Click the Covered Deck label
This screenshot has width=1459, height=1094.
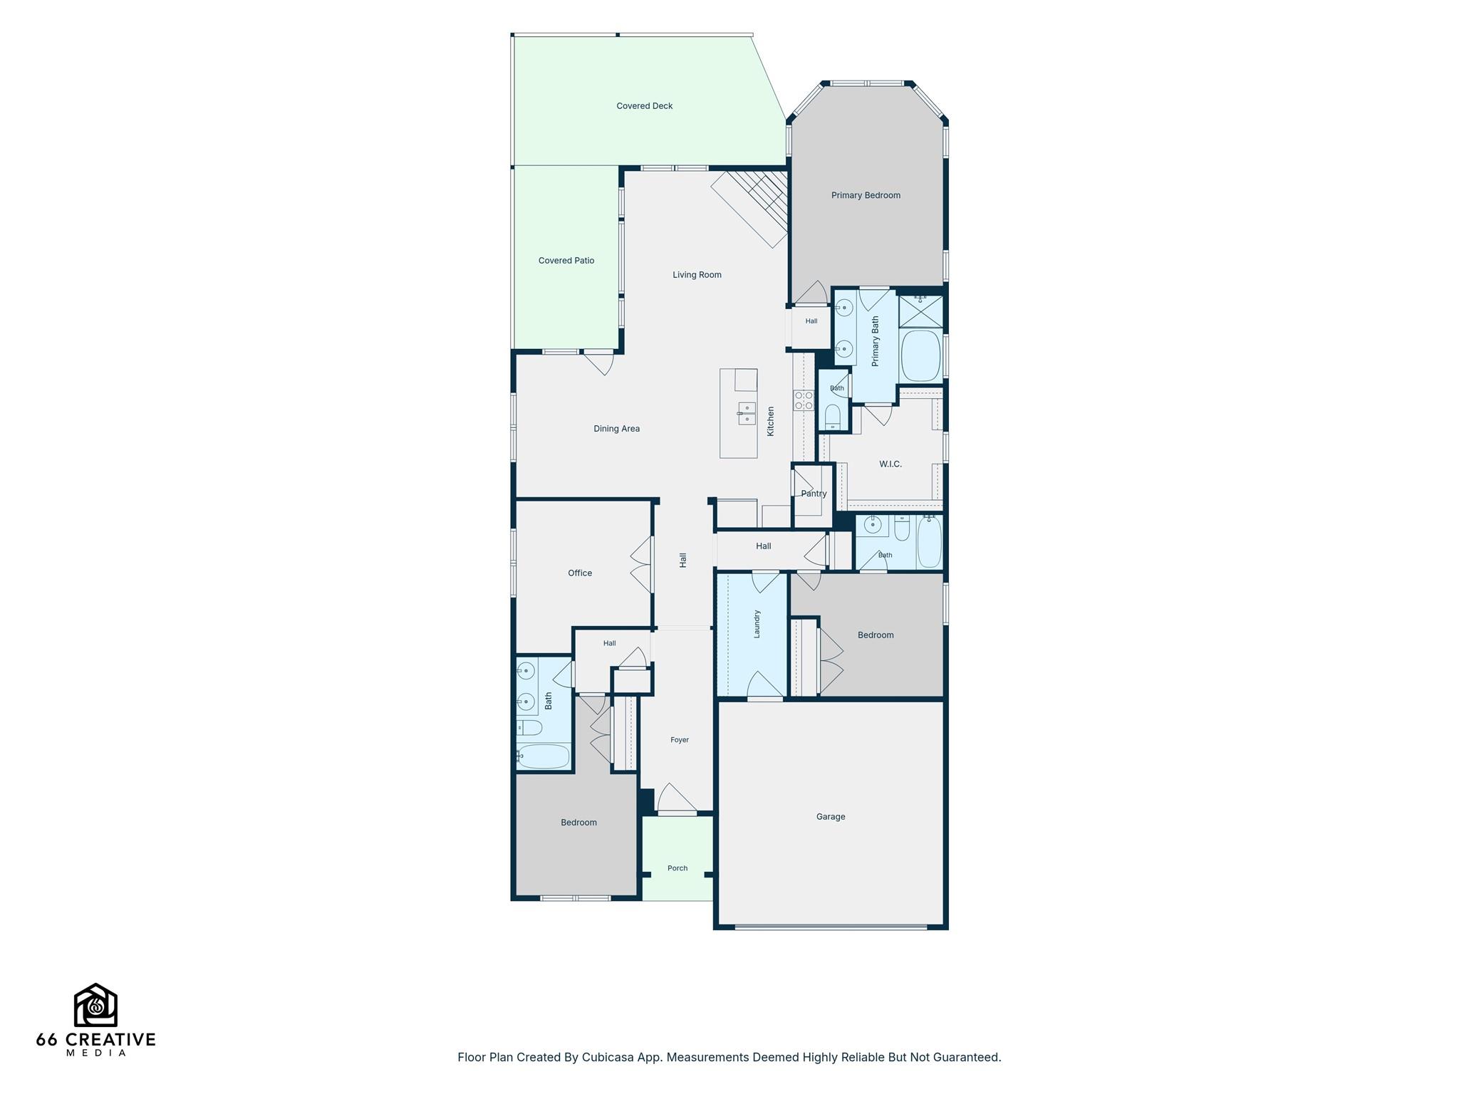coord(645,106)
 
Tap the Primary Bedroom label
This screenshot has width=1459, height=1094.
coord(866,195)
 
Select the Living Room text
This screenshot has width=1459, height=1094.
coord(697,275)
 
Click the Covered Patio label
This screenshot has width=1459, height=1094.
coord(566,261)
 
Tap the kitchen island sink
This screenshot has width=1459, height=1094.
coord(747,413)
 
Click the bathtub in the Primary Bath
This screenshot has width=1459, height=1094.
coord(921,355)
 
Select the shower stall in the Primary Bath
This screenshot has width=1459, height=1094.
coord(920,311)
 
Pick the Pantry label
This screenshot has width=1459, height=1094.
coord(814,494)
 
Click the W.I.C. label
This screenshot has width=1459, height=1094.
coord(891,464)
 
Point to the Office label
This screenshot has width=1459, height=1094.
coord(580,573)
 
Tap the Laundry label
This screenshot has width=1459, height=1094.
coord(757,623)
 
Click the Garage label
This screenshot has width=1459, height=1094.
coord(831,817)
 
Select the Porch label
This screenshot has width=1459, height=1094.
coord(677,868)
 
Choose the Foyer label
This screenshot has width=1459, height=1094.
coord(680,740)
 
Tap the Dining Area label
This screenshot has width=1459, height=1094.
coord(617,429)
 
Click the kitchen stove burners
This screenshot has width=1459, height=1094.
coord(804,400)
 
